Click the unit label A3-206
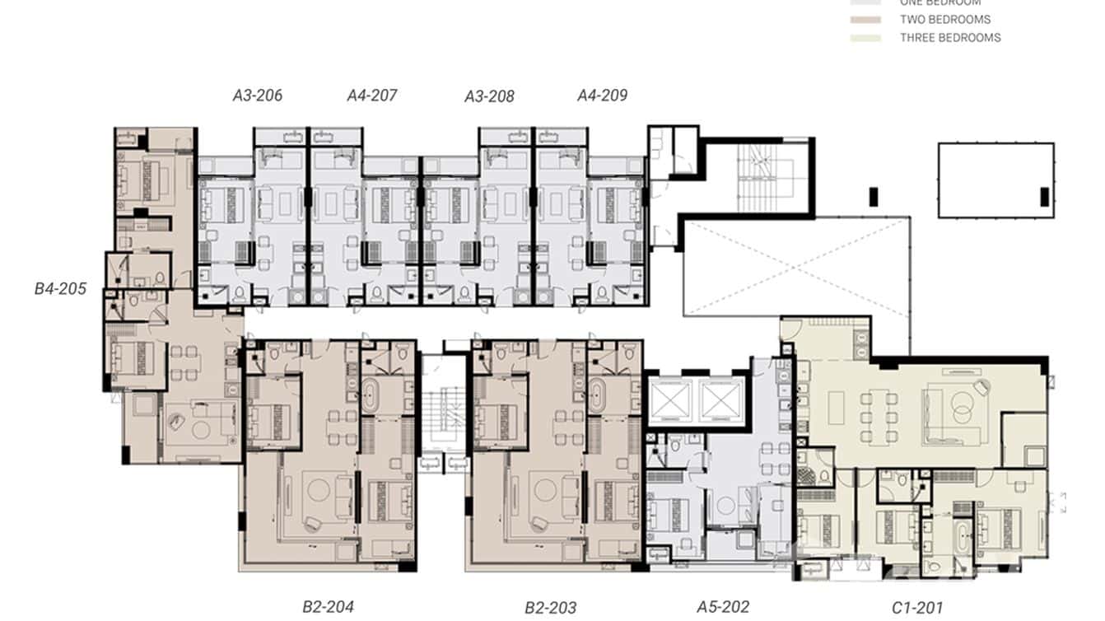(258, 96)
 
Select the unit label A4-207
(372, 96)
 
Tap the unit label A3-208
(489, 96)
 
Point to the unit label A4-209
(602, 96)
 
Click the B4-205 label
(60, 289)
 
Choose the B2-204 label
(328, 607)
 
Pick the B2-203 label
(551, 608)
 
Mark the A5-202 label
(723, 607)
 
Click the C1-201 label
(917, 609)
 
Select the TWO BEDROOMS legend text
(945, 19)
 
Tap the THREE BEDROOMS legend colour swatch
(865, 38)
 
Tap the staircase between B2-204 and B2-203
(444, 412)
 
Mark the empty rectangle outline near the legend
(995, 180)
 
